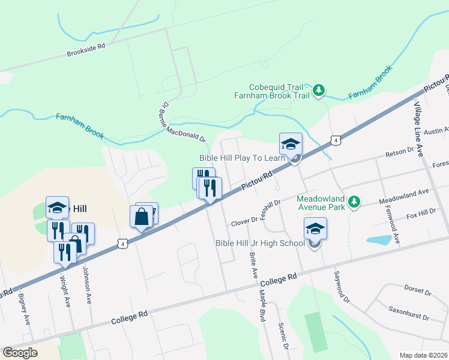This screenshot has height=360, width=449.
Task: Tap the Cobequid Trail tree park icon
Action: (319, 91)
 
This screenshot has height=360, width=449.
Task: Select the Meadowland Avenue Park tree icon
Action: (355, 200)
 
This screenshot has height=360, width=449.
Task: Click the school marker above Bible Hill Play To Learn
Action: (291, 144)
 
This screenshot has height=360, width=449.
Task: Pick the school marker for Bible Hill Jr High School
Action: (315, 229)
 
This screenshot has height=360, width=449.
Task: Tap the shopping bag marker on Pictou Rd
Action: (141, 217)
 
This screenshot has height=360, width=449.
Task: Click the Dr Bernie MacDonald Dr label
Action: (182, 122)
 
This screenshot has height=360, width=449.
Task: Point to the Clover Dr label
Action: (244, 222)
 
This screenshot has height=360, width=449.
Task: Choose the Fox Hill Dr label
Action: (421, 214)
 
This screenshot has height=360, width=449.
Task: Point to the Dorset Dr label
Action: (418, 291)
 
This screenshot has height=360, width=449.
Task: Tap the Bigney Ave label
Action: (24, 308)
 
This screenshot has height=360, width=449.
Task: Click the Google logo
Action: (20, 353)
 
